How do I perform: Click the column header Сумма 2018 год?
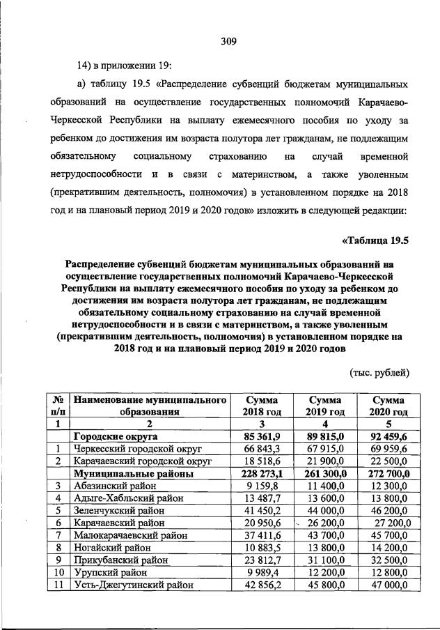(x=258, y=406)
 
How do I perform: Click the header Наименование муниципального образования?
(x=151, y=406)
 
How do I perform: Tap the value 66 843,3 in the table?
(x=258, y=449)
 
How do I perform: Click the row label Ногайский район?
(x=111, y=549)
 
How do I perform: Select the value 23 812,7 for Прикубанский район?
(x=258, y=562)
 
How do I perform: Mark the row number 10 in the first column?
(x=59, y=574)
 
